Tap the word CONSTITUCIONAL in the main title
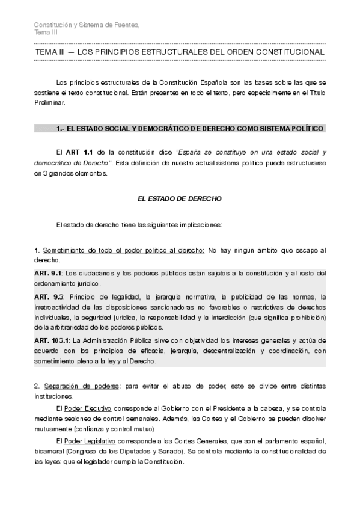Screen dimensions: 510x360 point(289,53)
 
